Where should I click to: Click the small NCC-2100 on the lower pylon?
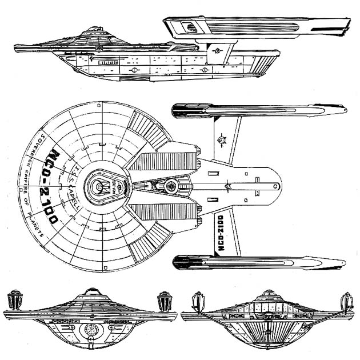pyautogui.click(x=222, y=233)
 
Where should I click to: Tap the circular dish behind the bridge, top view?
pyautogui.click(x=171, y=186)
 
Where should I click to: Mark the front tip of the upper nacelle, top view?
pyautogui.click(x=175, y=110)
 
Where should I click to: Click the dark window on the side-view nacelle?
pyautogui.click(x=189, y=26)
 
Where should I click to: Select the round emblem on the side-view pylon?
pyautogui.click(x=217, y=51)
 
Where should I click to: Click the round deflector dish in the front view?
pyautogui.click(x=90, y=330)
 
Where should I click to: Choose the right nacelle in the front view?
pyautogui.click(x=165, y=301)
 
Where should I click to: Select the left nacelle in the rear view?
pyautogui.click(x=198, y=301)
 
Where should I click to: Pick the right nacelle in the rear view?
pyautogui.click(x=346, y=301)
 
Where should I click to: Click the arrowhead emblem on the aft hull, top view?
pyautogui.click(x=227, y=186)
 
